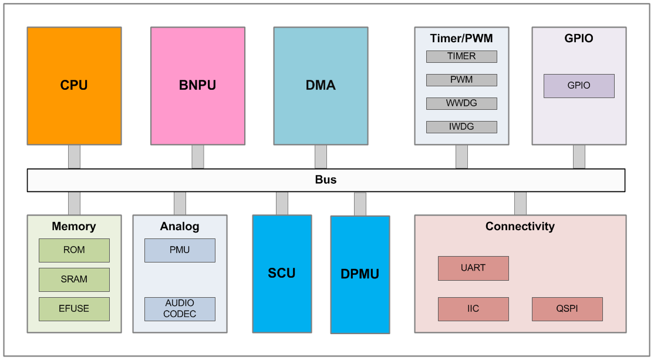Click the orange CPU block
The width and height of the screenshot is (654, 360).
pyautogui.click(x=74, y=86)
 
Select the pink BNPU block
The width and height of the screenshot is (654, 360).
pyautogui.click(x=197, y=86)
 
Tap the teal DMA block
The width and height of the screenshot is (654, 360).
pyautogui.click(x=321, y=86)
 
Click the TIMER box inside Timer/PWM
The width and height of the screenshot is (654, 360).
pyautogui.click(x=461, y=56)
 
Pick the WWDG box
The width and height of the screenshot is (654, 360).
pyautogui.click(x=461, y=103)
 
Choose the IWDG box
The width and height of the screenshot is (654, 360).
pyautogui.click(x=461, y=127)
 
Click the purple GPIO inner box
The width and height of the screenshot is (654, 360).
pyautogui.click(x=579, y=86)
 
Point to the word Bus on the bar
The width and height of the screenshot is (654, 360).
pyautogui.click(x=326, y=180)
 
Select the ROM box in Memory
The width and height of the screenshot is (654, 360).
pyautogui.click(x=74, y=250)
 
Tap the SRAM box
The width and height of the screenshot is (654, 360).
pyautogui.click(x=74, y=280)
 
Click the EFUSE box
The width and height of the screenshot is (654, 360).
pyautogui.click(x=74, y=309)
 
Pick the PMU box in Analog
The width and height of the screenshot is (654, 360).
pyautogui.click(x=180, y=250)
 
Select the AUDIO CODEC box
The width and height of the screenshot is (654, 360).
pyautogui.click(x=180, y=309)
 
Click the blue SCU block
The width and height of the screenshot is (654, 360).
pyautogui.click(x=282, y=274)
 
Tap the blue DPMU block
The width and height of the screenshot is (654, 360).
pyautogui.click(x=360, y=274)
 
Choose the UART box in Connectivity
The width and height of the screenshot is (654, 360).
pyautogui.click(x=473, y=268)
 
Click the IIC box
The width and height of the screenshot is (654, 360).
pyautogui.click(x=473, y=309)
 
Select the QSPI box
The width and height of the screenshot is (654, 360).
pyautogui.click(x=567, y=309)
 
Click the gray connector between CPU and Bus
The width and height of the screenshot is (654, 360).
pyautogui.click(x=74, y=157)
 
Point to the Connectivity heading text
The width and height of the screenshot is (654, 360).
pyautogui.click(x=520, y=226)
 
